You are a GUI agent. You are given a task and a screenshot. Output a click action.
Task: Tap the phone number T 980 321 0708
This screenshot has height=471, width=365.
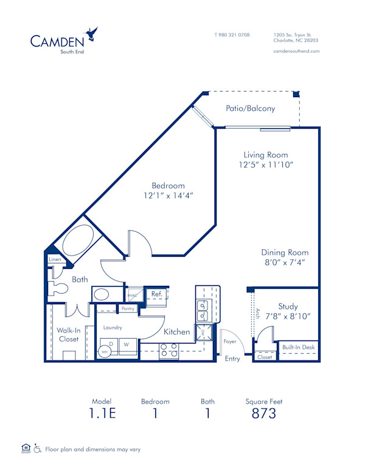click(x=232, y=35)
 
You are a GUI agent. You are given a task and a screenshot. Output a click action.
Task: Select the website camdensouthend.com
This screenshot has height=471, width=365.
click(x=296, y=51)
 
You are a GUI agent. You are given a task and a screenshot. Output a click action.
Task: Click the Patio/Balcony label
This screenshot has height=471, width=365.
click(x=250, y=109)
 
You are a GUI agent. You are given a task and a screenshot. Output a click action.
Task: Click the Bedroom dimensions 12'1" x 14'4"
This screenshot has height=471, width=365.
click(x=169, y=195)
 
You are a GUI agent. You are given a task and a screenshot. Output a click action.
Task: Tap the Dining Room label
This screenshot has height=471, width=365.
click(x=285, y=252)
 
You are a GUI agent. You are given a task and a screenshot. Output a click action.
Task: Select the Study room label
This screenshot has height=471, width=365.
click(x=288, y=307)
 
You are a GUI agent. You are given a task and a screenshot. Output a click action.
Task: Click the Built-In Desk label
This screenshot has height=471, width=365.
click(x=299, y=347)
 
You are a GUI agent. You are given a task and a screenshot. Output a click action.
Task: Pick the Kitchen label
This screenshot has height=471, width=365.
click(x=176, y=332)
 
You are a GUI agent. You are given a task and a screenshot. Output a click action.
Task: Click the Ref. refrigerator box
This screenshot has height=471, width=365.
click(x=156, y=294)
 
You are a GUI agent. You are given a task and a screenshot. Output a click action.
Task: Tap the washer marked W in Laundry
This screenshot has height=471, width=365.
click(x=127, y=345)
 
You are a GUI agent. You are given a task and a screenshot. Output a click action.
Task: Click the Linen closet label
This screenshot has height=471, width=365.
click(x=54, y=260)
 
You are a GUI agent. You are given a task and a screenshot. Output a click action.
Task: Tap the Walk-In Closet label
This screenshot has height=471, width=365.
click(x=68, y=334)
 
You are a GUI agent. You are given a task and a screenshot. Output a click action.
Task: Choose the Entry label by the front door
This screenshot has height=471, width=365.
click(x=232, y=359)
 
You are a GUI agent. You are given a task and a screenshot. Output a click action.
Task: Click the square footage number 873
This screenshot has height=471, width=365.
click(x=263, y=414)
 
